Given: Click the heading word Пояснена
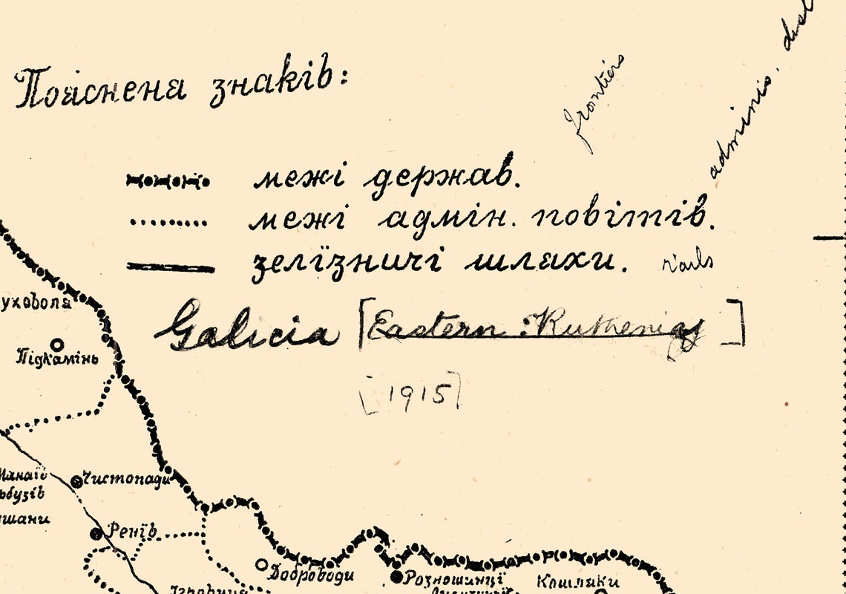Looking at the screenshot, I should pyautogui.click(x=100, y=88).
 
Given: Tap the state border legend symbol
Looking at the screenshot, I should pyautogui.click(x=168, y=181).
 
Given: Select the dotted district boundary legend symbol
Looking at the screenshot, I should pyautogui.click(x=168, y=222).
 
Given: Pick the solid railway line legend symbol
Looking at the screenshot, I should pyautogui.click(x=170, y=267).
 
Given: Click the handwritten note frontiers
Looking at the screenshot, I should pyautogui.click(x=592, y=104).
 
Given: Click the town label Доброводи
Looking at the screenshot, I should pyautogui.click(x=312, y=572).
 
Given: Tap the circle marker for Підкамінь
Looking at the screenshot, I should pyautogui.click(x=57, y=344).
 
